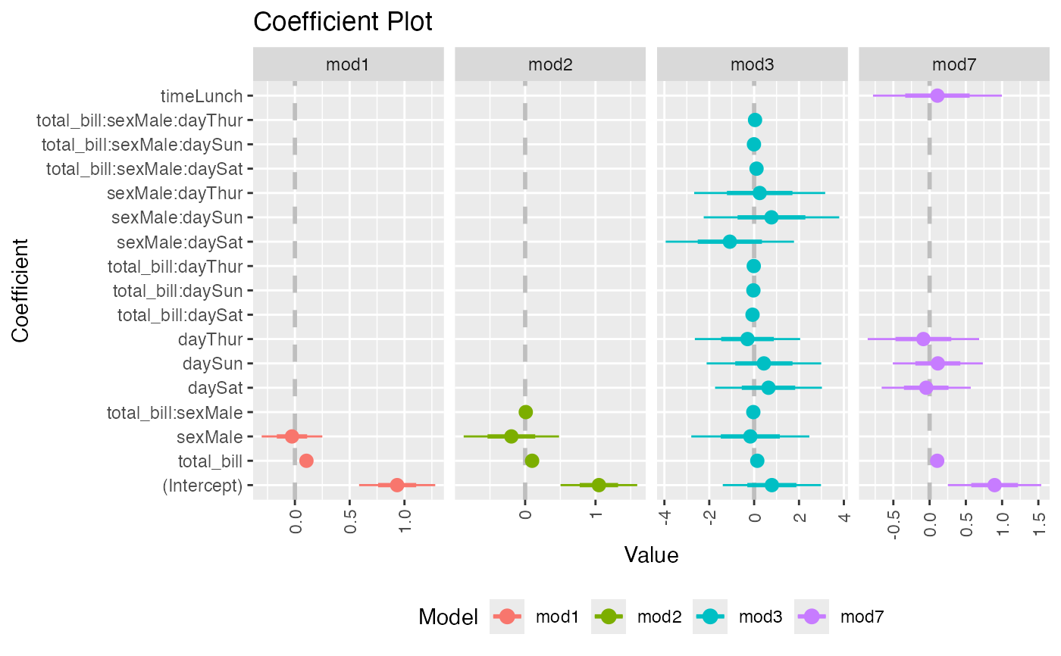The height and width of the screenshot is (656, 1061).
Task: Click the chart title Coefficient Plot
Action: pos(343,22)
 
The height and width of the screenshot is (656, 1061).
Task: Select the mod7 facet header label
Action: pos(953,64)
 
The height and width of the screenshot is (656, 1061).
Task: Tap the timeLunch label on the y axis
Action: pos(202,96)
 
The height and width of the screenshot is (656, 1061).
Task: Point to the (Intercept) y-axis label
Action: pos(202,486)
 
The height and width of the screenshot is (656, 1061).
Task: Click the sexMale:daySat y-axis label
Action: pos(180,242)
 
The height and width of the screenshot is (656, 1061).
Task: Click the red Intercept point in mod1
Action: pos(396,485)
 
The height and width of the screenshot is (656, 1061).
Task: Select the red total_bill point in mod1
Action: pos(306,461)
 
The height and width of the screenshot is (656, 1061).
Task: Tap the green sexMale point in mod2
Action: pos(512,436)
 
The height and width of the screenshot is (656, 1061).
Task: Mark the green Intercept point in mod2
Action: pos(599,485)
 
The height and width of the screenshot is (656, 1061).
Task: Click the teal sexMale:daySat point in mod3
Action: pos(730,242)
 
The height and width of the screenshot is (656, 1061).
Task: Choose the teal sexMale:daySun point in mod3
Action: pos(771,217)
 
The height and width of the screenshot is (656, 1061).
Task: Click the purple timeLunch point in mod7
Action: pos(937,95)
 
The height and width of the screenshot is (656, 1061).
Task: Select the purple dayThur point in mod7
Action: pos(923,339)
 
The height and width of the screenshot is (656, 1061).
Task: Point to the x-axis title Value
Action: pos(651,555)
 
